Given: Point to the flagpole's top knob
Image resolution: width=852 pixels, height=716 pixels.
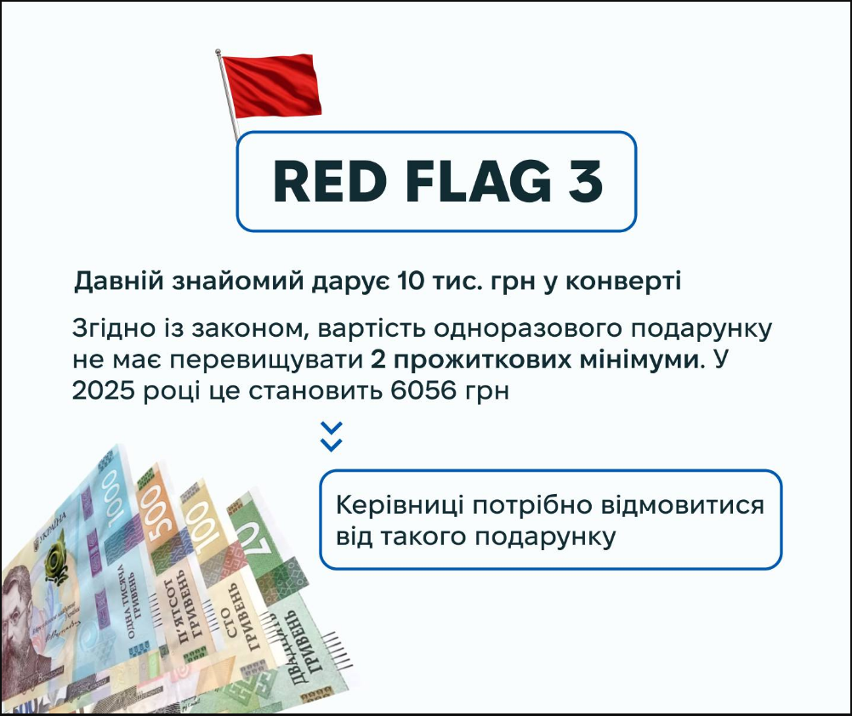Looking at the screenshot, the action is tap(218, 52).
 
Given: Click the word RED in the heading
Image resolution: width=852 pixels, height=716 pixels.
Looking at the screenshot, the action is tap(329, 181).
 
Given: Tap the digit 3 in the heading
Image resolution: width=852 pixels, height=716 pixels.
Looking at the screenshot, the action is tap(585, 181).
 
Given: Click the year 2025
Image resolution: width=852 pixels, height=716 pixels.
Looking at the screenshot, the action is tap(103, 390).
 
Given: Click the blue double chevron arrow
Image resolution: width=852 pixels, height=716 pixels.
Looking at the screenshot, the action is tap(331, 436).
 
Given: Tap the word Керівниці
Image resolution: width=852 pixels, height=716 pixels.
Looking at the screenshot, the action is tap(400, 506).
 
